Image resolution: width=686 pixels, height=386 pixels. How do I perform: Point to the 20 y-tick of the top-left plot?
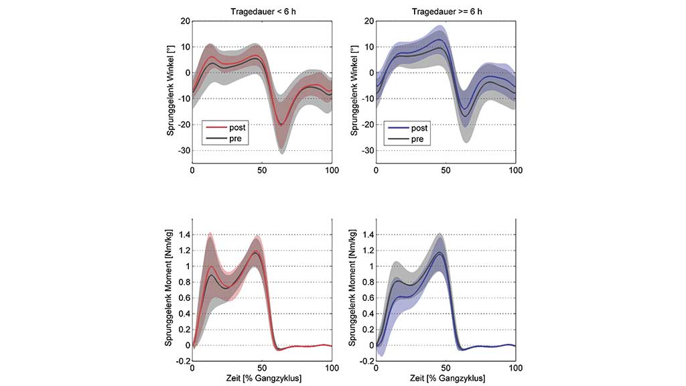tap(183, 21)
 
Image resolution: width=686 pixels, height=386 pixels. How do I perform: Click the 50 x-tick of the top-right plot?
tap(445, 171)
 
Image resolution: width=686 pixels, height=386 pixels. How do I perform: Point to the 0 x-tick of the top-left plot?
tap(192, 171)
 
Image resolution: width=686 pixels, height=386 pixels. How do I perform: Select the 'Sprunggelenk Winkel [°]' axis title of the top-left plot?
tap(171, 91)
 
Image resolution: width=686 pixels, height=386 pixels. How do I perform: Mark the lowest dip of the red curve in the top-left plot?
tap(282, 123)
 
